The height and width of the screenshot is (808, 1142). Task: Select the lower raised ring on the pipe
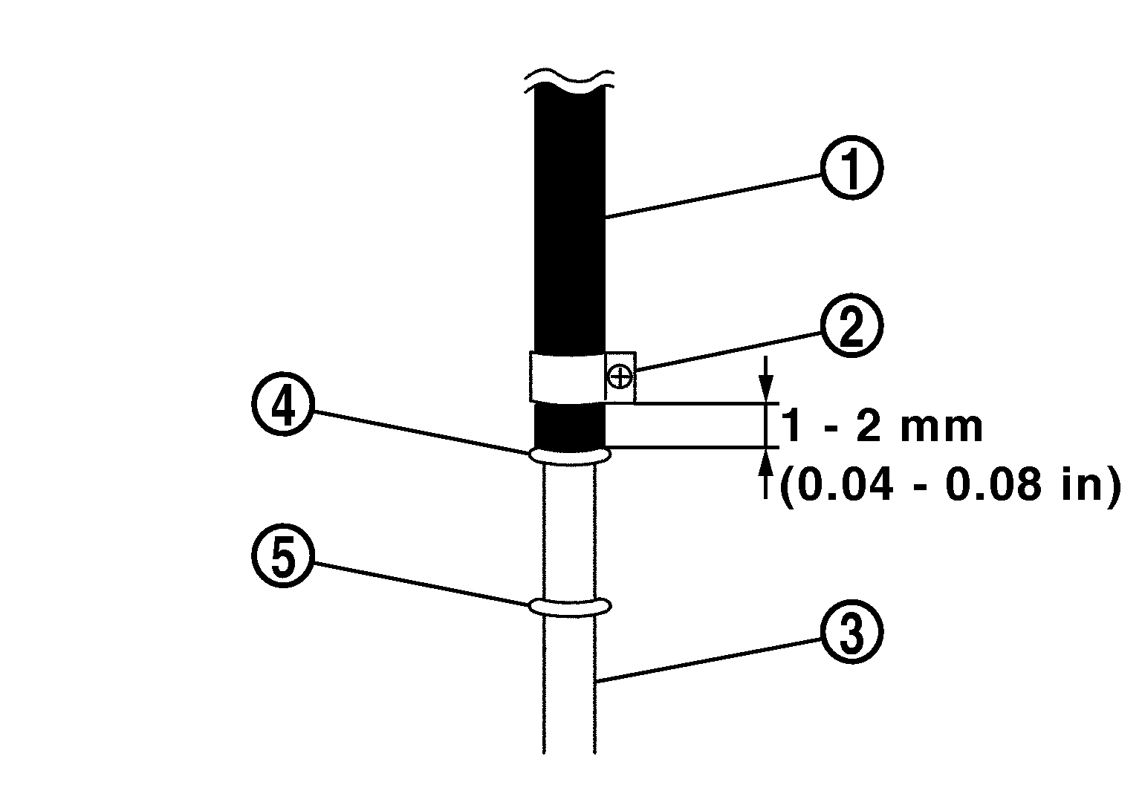569,607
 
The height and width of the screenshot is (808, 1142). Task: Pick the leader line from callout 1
713,195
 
